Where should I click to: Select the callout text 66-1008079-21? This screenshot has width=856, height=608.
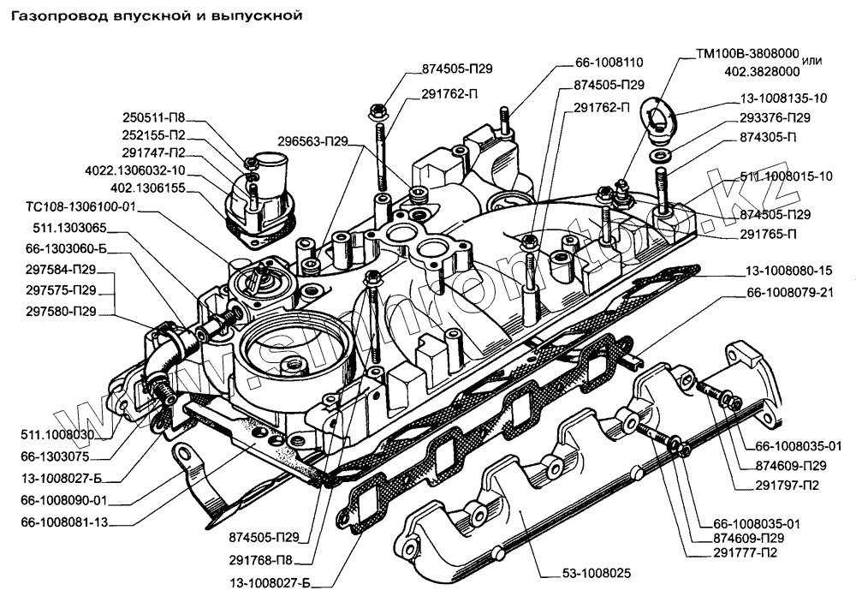[794, 294]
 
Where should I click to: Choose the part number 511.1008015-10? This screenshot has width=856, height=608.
[787, 176]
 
